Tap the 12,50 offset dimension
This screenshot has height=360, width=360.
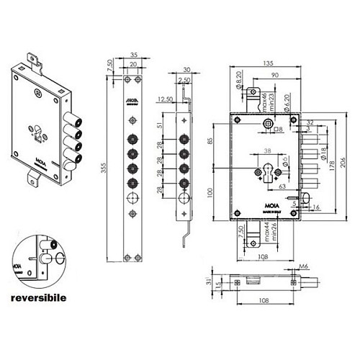coord(163,99)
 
